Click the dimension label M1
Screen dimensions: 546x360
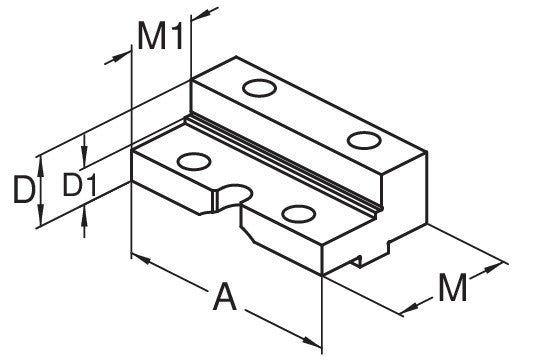tap(160, 36)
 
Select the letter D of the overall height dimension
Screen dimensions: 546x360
tap(24, 190)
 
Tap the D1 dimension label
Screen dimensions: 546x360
tap(79, 184)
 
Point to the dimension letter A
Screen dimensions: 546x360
tap(225, 297)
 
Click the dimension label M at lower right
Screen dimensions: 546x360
tap(453, 288)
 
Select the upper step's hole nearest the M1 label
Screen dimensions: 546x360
tap(259, 88)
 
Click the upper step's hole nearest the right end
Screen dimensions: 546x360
tap(364, 140)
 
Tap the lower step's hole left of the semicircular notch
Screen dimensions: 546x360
tap(194, 162)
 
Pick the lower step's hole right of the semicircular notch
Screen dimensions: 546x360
tap(299, 214)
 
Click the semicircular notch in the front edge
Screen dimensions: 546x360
tap(232, 197)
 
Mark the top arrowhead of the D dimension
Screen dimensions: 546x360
tap(41, 164)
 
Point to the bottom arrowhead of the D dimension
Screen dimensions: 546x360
tap(41, 216)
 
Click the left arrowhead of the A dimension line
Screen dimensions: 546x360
tap(141, 259)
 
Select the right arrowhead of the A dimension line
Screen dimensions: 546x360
tap(312, 342)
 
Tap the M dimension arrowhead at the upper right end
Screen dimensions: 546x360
tap(495, 267)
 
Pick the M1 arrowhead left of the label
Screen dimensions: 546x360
tap(121, 56)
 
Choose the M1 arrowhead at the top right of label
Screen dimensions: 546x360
tap(201, 13)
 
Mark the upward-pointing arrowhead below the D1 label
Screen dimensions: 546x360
tap(84, 216)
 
